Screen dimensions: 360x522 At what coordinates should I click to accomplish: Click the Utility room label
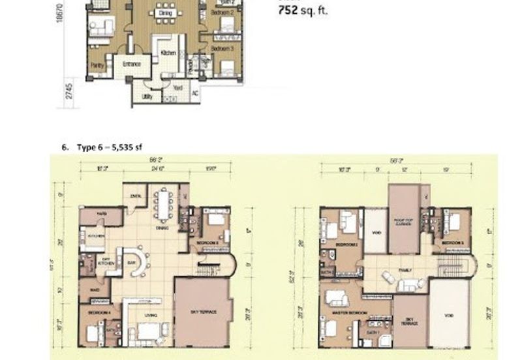coord(147,97)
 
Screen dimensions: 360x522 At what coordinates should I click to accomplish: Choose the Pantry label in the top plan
coord(97,65)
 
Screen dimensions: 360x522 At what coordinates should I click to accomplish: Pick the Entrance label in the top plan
coord(132,65)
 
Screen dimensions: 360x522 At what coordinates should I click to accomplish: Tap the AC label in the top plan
coord(195,93)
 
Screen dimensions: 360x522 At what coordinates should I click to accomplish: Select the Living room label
coord(150,316)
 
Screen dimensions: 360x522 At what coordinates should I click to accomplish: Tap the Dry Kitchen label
coord(106,261)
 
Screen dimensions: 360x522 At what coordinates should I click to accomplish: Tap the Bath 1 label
coord(373,333)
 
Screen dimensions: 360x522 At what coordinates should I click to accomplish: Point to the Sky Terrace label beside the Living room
coord(204,312)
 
